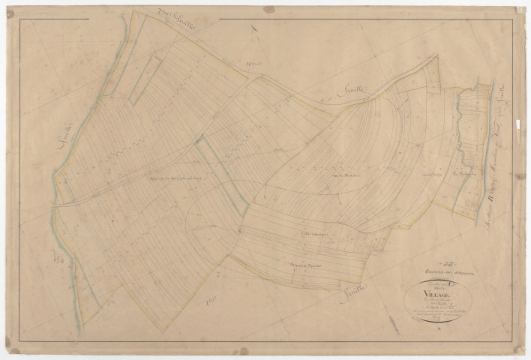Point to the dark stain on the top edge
click(268, 9)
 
